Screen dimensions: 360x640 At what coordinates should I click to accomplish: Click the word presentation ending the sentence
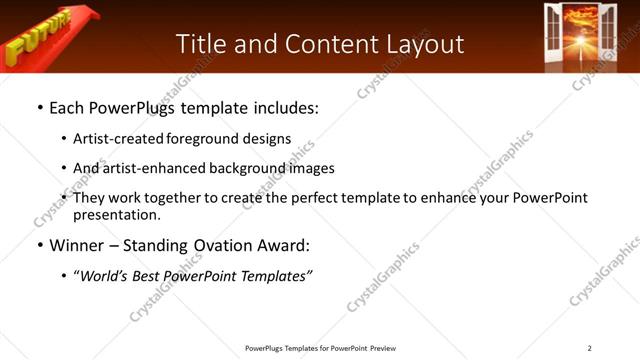pos(117,214)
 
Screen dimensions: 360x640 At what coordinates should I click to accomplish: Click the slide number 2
pos(589,348)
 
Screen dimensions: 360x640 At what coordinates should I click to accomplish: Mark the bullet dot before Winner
pos(39,245)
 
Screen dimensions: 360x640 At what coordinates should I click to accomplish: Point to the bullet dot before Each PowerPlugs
pos(39,107)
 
